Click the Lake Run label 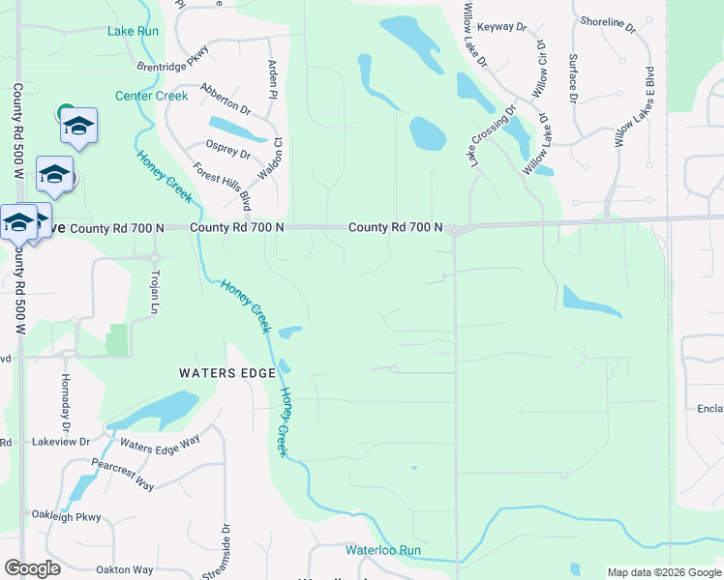pos(133,31)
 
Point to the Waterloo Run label pos(384,549)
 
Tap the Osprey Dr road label pos(228,150)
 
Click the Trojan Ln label pos(155,293)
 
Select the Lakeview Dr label pos(60,441)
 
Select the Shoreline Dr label pos(608,21)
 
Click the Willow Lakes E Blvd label pos(635,106)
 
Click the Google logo pos(32,568)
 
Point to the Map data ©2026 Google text pos(663,572)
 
